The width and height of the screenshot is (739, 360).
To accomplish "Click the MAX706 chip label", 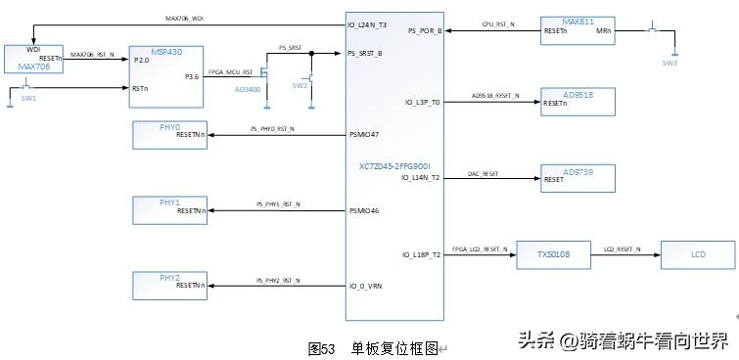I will click(x=32, y=67).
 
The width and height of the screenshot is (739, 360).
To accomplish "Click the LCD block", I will click(x=698, y=255).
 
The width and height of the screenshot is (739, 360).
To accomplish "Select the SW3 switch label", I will click(x=670, y=63).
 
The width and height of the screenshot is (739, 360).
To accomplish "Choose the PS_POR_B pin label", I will click(x=422, y=31).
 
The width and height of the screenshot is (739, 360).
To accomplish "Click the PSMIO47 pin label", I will click(x=364, y=134).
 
